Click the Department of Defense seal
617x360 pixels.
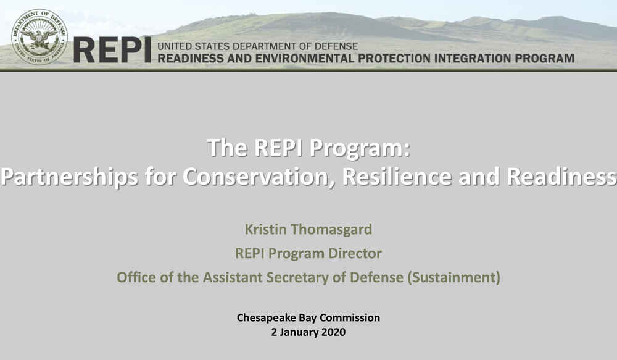(x=39, y=37)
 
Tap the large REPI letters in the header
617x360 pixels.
(x=112, y=50)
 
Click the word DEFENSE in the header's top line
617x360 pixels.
(x=336, y=46)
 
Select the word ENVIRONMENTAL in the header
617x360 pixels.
(x=305, y=58)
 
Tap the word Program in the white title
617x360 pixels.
(x=359, y=148)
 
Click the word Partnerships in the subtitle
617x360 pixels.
(x=69, y=177)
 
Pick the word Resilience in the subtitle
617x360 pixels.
(x=397, y=176)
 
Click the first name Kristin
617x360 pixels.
(x=265, y=229)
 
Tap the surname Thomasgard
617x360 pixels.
(x=331, y=229)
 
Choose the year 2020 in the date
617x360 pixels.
(x=333, y=332)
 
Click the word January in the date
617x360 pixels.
(x=299, y=332)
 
